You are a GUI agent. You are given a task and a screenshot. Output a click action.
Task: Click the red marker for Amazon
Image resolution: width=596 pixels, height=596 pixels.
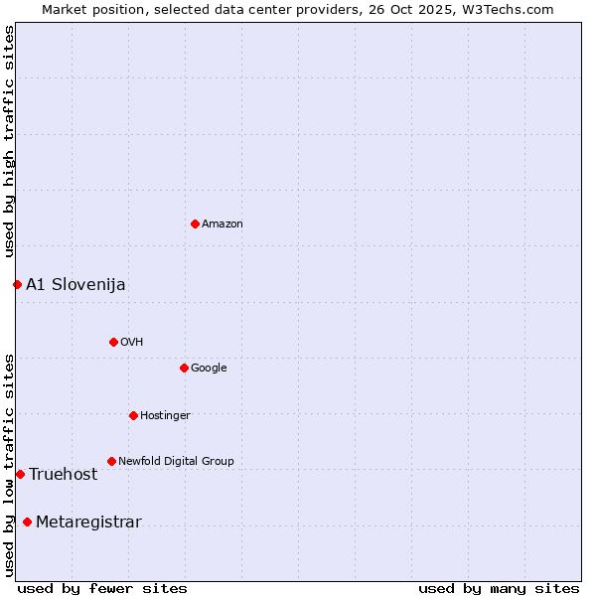(195, 223)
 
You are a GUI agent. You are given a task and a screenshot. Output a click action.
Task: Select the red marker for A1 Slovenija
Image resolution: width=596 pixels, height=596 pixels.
(17, 284)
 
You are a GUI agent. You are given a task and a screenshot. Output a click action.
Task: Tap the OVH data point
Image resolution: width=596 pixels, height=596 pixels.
(113, 342)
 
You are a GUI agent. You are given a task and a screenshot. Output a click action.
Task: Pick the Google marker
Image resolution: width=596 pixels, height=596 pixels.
(184, 368)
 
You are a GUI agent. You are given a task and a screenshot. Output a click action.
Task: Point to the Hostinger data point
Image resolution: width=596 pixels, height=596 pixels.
(133, 415)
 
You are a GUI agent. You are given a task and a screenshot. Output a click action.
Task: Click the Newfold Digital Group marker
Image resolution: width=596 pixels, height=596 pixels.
(111, 461)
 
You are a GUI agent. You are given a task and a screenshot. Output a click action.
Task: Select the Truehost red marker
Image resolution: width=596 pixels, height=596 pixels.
(20, 474)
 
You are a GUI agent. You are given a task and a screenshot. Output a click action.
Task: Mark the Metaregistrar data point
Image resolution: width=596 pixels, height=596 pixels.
(27, 521)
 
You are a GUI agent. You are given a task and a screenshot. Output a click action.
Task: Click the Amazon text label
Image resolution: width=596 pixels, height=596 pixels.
(223, 224)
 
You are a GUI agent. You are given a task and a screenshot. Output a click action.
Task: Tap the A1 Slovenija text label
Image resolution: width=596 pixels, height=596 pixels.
(75, 285)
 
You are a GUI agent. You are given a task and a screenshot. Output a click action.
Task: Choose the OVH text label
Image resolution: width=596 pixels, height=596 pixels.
(132, 343)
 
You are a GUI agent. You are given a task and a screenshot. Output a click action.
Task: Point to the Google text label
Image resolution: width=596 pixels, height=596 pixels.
(209, 369)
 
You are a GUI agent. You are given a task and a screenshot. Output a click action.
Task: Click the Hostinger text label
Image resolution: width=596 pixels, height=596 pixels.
(165, 416)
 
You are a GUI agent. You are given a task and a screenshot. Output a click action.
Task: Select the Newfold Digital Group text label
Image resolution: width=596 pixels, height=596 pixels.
(176, 462)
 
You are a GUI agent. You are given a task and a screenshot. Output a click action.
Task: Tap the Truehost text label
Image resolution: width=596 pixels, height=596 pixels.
(63, 475)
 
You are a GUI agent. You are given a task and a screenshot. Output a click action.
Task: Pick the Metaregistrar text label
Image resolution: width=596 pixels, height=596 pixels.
(88, 522)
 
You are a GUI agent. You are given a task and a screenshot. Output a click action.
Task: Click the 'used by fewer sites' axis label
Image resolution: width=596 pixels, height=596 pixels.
(102, 588)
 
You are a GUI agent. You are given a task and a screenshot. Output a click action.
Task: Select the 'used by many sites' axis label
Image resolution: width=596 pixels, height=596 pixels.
(499, 588)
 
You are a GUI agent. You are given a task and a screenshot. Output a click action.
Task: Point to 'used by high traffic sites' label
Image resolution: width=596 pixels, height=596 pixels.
(10, 142)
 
